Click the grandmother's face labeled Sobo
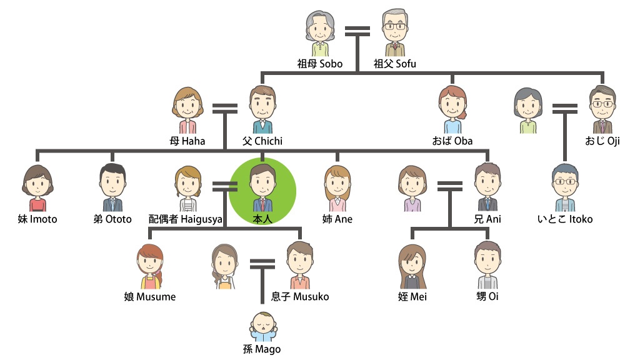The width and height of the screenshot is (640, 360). [319, 31]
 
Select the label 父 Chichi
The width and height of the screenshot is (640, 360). [262, 141]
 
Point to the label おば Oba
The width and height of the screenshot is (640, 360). [451, 141]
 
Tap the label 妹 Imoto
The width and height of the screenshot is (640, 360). [37, 219]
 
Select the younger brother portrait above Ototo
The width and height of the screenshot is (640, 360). [112, 184]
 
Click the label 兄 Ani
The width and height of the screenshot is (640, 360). [487, 219]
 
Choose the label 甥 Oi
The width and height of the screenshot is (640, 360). [487, 296]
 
